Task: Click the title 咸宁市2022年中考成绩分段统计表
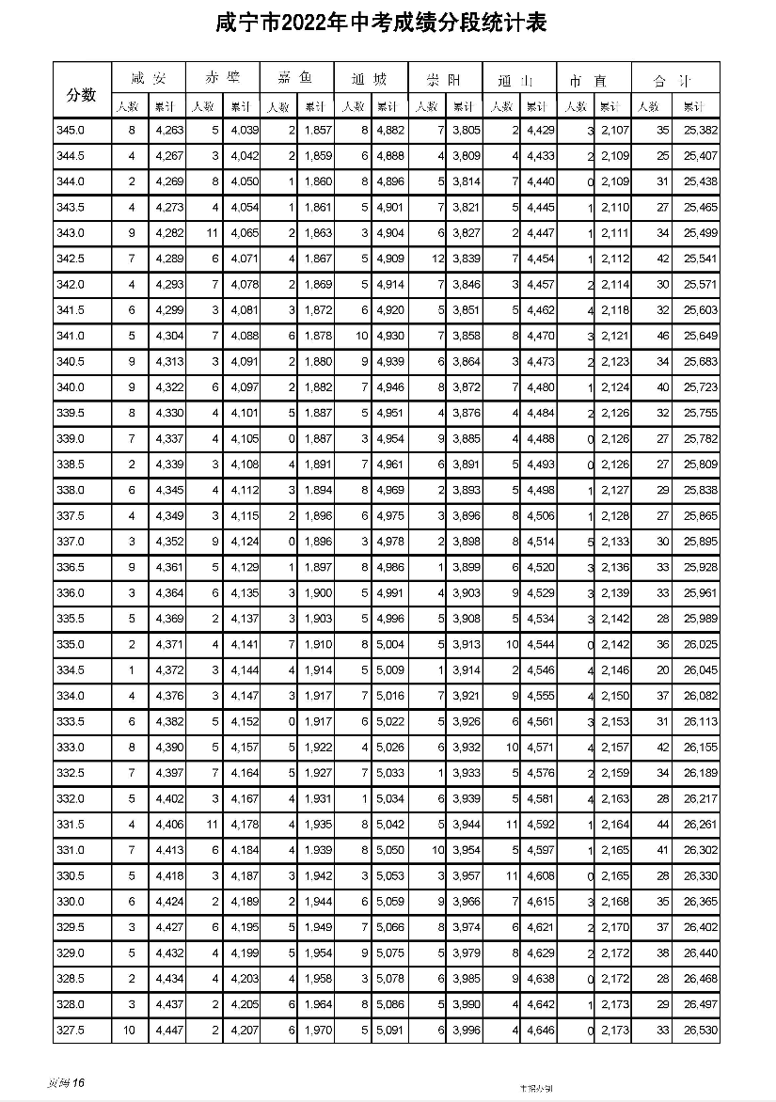coord(388,23)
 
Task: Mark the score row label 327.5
coord(71,1031)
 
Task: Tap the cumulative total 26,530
coord(700,1031)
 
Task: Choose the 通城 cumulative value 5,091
coord(389,1031)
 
